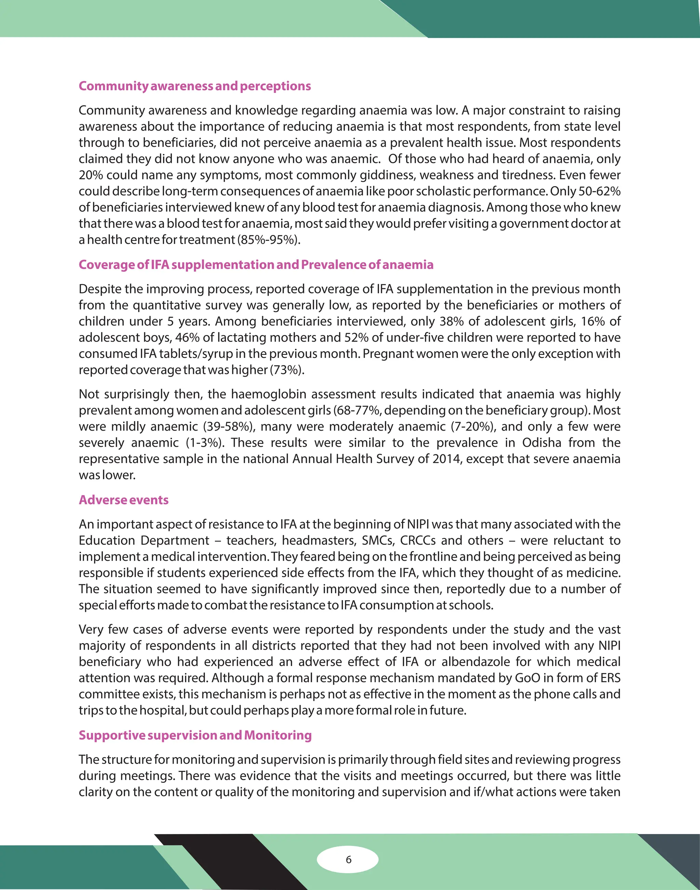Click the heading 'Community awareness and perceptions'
[195, 86]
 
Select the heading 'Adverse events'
[123, 500]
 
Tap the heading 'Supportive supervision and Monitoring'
[195, 735]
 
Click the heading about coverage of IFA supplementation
[256, 265]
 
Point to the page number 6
[348, 859]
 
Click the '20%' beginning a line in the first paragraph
[91, 175]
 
